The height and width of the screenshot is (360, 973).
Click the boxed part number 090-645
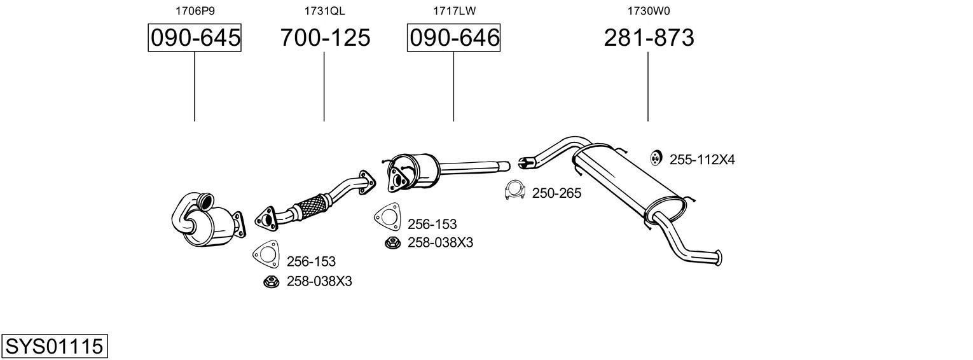click(195, 38)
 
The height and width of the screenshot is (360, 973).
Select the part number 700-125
click(325, 38)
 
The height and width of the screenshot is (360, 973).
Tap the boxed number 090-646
click(453, 38)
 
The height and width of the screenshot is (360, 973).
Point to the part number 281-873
click(648, 38)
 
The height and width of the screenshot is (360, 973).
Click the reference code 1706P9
click(195, 11)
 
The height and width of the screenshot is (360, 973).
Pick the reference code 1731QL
click(325, 11)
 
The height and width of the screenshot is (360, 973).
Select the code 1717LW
click(454, 11)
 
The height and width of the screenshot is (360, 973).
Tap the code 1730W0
click(648, 11)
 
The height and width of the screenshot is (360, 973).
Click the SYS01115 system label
click(54, 347)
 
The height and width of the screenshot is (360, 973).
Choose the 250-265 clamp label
click(556, 193)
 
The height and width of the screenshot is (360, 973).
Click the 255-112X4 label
click(702, 160)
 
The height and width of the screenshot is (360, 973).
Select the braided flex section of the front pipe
click(312, 206)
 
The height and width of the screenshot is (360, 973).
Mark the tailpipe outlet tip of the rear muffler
click(719, 258)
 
